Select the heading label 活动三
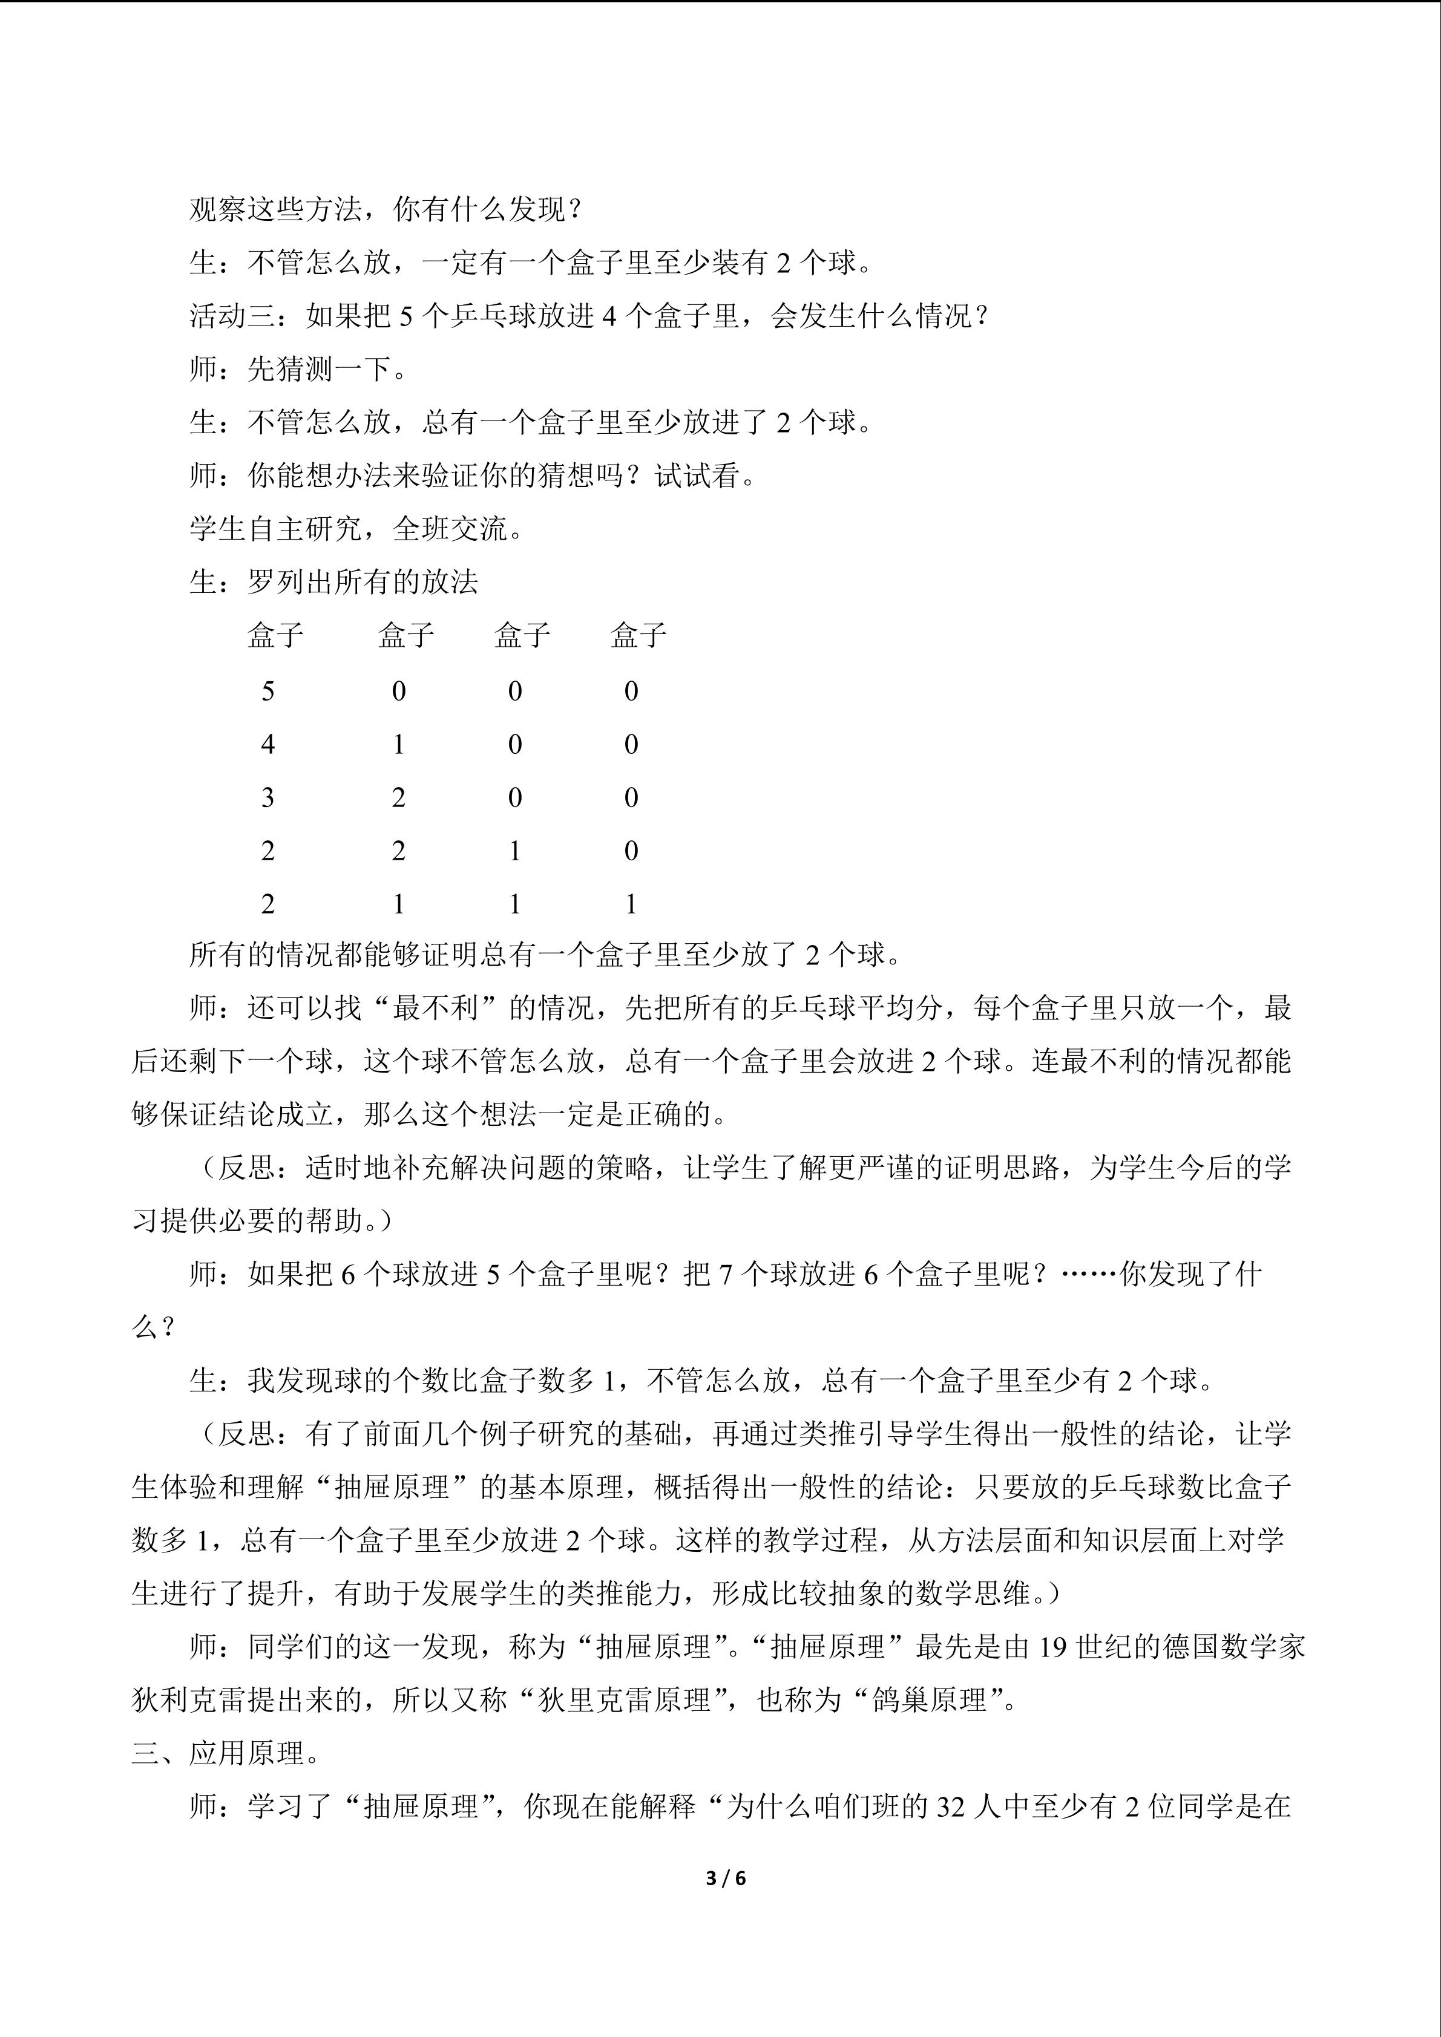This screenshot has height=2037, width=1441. pyautogui.click(x=232, y=316)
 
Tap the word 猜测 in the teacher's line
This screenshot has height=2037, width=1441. pyautogui.click(x=304, y=369)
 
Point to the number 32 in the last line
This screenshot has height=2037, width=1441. pyautogui.click(x=950, y=1807)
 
